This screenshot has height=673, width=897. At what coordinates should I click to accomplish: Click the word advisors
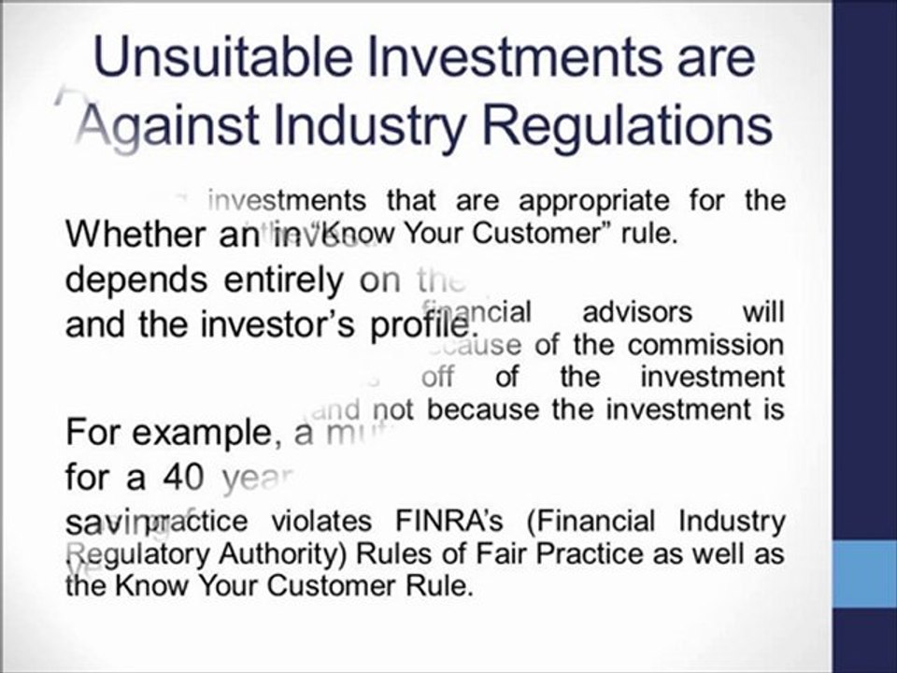pyautogui.click(x=637, y=311)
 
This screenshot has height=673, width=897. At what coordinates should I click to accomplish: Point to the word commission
pyautogui.click(x=705, y=344)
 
